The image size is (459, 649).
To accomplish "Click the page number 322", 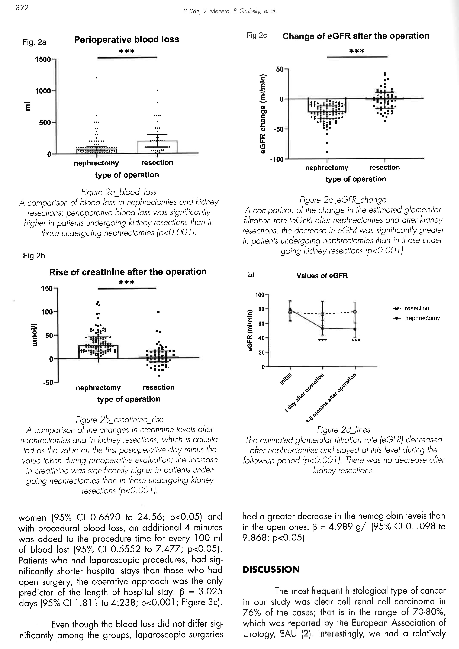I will click(22, 8).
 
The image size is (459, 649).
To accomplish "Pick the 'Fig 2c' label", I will click(256, 36).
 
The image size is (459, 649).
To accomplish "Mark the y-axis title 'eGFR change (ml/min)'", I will click(263, 114).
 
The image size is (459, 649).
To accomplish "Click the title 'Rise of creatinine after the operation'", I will click(128, 272).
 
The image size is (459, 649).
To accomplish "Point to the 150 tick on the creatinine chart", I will click(47, 289).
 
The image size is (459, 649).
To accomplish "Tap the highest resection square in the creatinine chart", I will click(159, 312).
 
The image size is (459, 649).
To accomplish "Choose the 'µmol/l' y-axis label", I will click(35, 335).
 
